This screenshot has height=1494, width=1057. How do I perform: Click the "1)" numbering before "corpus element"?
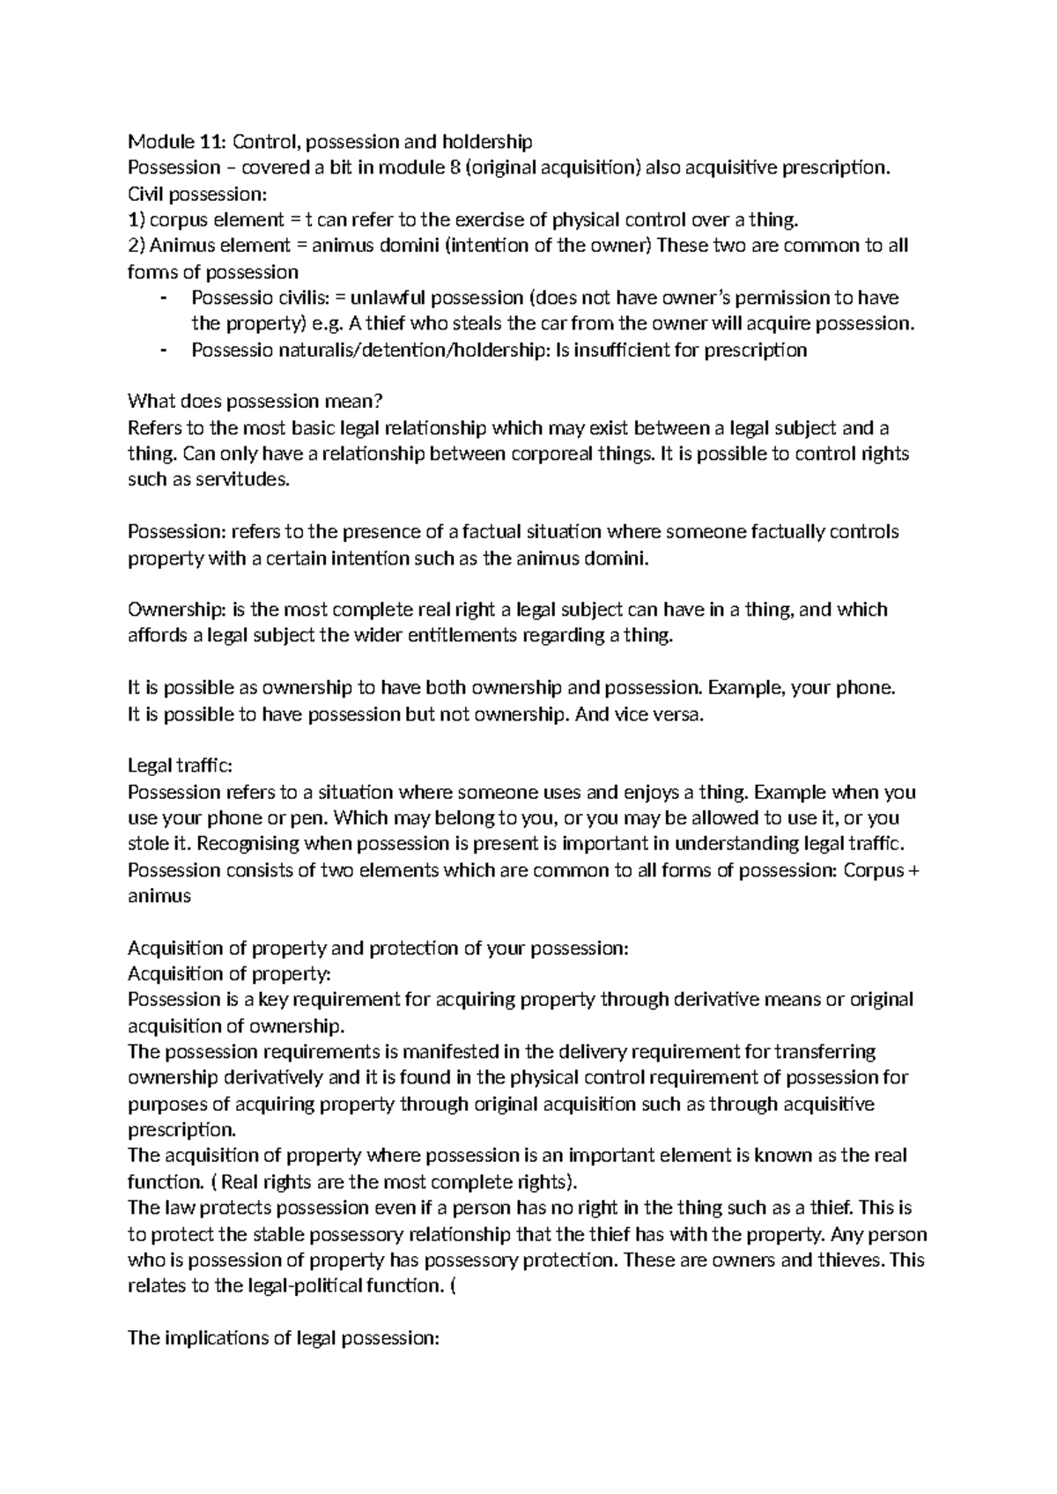[135, 219]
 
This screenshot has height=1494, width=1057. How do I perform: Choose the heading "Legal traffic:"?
[180, 766]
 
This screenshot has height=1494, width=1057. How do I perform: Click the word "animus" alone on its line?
[159, 897]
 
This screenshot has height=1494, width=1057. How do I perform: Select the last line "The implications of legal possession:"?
[283, 1337]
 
